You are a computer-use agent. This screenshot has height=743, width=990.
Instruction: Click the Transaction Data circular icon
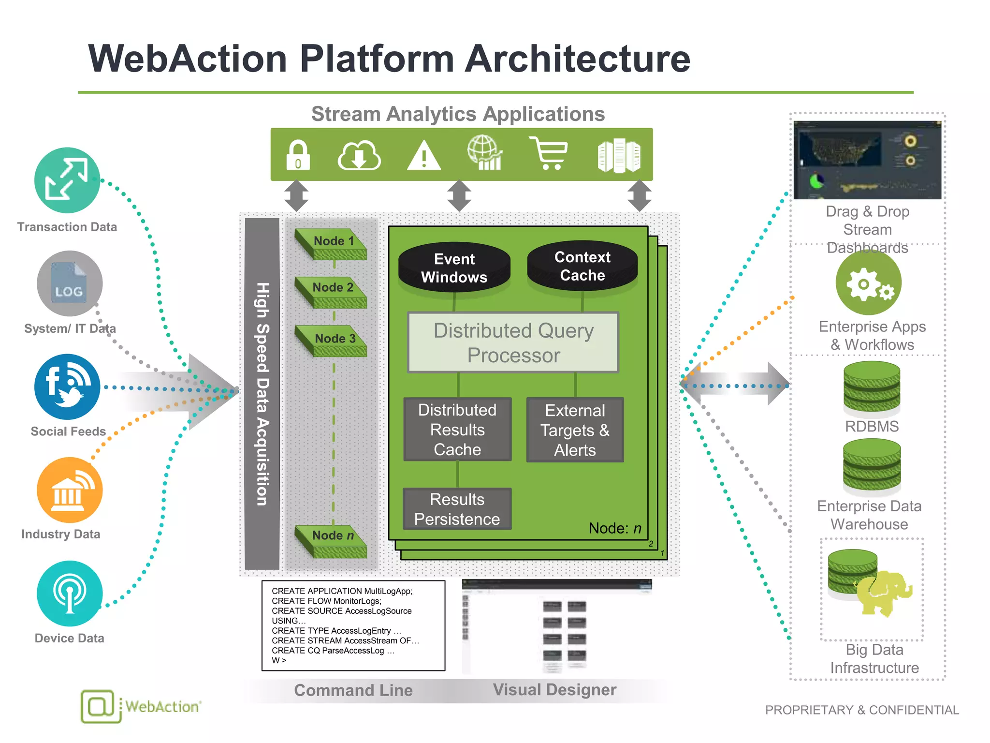point(67,180)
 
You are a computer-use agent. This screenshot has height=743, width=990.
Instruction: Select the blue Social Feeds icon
point(67,386)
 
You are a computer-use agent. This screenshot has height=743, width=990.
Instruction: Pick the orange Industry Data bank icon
point(70,490)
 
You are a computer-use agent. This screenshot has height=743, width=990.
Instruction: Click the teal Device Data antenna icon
point(70,593)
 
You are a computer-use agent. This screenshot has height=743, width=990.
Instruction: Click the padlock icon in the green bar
point(298,155)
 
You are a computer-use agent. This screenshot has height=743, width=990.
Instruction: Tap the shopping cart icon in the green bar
point(549,153)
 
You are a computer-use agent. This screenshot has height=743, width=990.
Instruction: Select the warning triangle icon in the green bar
point(423,156)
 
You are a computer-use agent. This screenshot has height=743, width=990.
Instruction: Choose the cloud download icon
point(359,156)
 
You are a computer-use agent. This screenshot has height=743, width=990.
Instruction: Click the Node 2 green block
point(333,292)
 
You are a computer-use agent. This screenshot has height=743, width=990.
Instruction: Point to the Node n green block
point(333,541)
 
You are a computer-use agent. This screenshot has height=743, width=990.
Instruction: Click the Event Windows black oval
point(454,268)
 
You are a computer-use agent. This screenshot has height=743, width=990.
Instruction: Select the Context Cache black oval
point(582,266)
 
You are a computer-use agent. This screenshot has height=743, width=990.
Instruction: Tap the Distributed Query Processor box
point(513,342)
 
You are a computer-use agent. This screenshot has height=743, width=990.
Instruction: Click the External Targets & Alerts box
point(575,430)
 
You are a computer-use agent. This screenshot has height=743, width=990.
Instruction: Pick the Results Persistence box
point(457,509)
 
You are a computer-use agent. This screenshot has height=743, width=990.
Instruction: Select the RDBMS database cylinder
point(872,389)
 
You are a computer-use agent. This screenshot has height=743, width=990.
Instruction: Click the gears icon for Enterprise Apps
point(868,283)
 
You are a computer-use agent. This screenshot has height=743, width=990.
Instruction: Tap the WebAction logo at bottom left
point(140,706)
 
